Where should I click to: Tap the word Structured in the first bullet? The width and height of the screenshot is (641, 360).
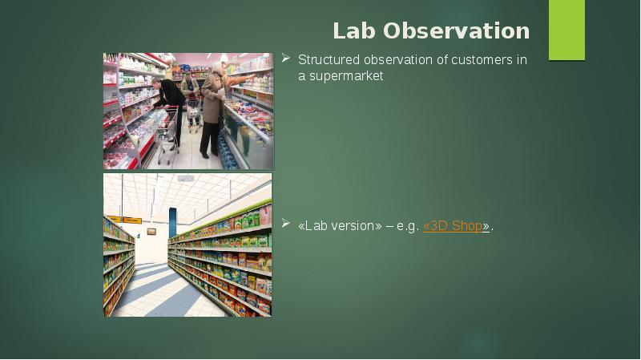pyautogui.click(x=329, y=60)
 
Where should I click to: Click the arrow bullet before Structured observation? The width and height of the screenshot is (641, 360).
pyautogui.click(x=285, y=59)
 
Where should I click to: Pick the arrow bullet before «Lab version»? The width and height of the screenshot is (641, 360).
pyautogui.click(x=285, y=225)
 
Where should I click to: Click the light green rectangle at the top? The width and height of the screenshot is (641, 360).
pyautogui.click(x=566, y=30)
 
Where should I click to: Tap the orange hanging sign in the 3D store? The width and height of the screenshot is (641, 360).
pyautogui.click(x=132, y=220)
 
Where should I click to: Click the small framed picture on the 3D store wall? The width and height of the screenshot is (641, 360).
pyautogui.click(x=151, y=232)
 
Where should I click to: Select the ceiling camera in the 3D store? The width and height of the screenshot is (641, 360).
pyautogui.click(x=186, y=179)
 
